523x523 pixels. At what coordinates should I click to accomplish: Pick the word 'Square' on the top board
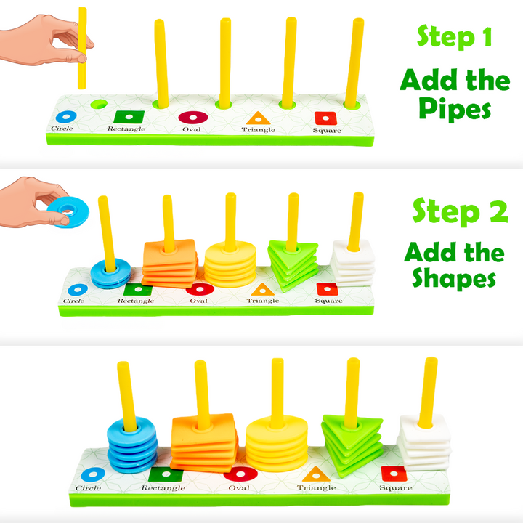point(327,131)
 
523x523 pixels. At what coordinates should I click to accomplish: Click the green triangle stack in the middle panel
point(293,264)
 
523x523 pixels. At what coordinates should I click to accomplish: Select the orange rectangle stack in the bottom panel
point(203,444)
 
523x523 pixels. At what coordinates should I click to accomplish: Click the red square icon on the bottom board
point(393,474)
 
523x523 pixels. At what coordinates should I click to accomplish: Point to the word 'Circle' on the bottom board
point(89,488)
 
